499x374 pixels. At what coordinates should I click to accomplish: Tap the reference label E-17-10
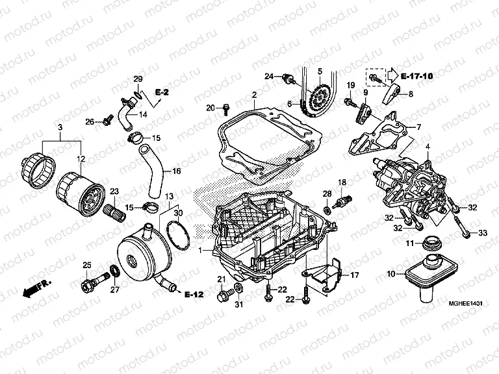416,77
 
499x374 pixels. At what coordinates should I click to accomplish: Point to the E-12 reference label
194,293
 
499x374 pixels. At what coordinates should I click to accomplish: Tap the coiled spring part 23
112,211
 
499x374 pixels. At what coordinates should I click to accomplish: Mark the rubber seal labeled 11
429,244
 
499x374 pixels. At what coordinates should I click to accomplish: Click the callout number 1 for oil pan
200,250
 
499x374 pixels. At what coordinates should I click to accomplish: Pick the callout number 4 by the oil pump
428,147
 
